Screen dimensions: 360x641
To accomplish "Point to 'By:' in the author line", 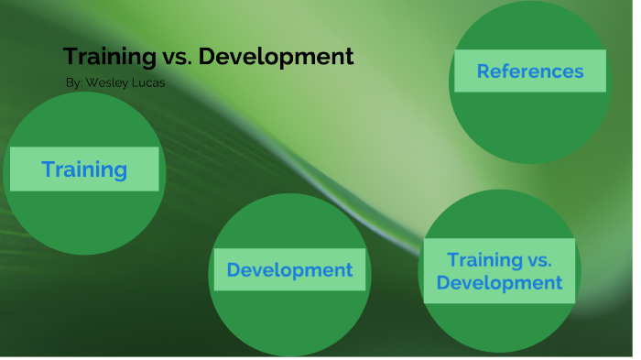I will coord(74,82).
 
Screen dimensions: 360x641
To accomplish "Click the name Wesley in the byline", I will coord(106,82).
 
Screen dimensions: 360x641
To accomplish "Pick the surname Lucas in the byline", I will coord(147,82).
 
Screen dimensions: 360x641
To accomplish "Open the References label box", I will coord(529,71).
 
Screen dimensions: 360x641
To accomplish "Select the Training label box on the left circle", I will coord(84,169).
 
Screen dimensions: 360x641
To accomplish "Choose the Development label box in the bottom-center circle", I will coord(289,270).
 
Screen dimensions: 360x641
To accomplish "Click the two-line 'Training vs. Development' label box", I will coord(499,271).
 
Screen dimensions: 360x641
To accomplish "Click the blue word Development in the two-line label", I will coord(499,283).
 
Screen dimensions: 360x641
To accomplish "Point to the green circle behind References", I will coord(529,128).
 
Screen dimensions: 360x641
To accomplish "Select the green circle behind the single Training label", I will coord(84,220).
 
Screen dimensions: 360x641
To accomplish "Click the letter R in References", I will coord(483,71).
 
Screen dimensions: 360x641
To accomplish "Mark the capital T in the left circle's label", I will coord(48,169).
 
